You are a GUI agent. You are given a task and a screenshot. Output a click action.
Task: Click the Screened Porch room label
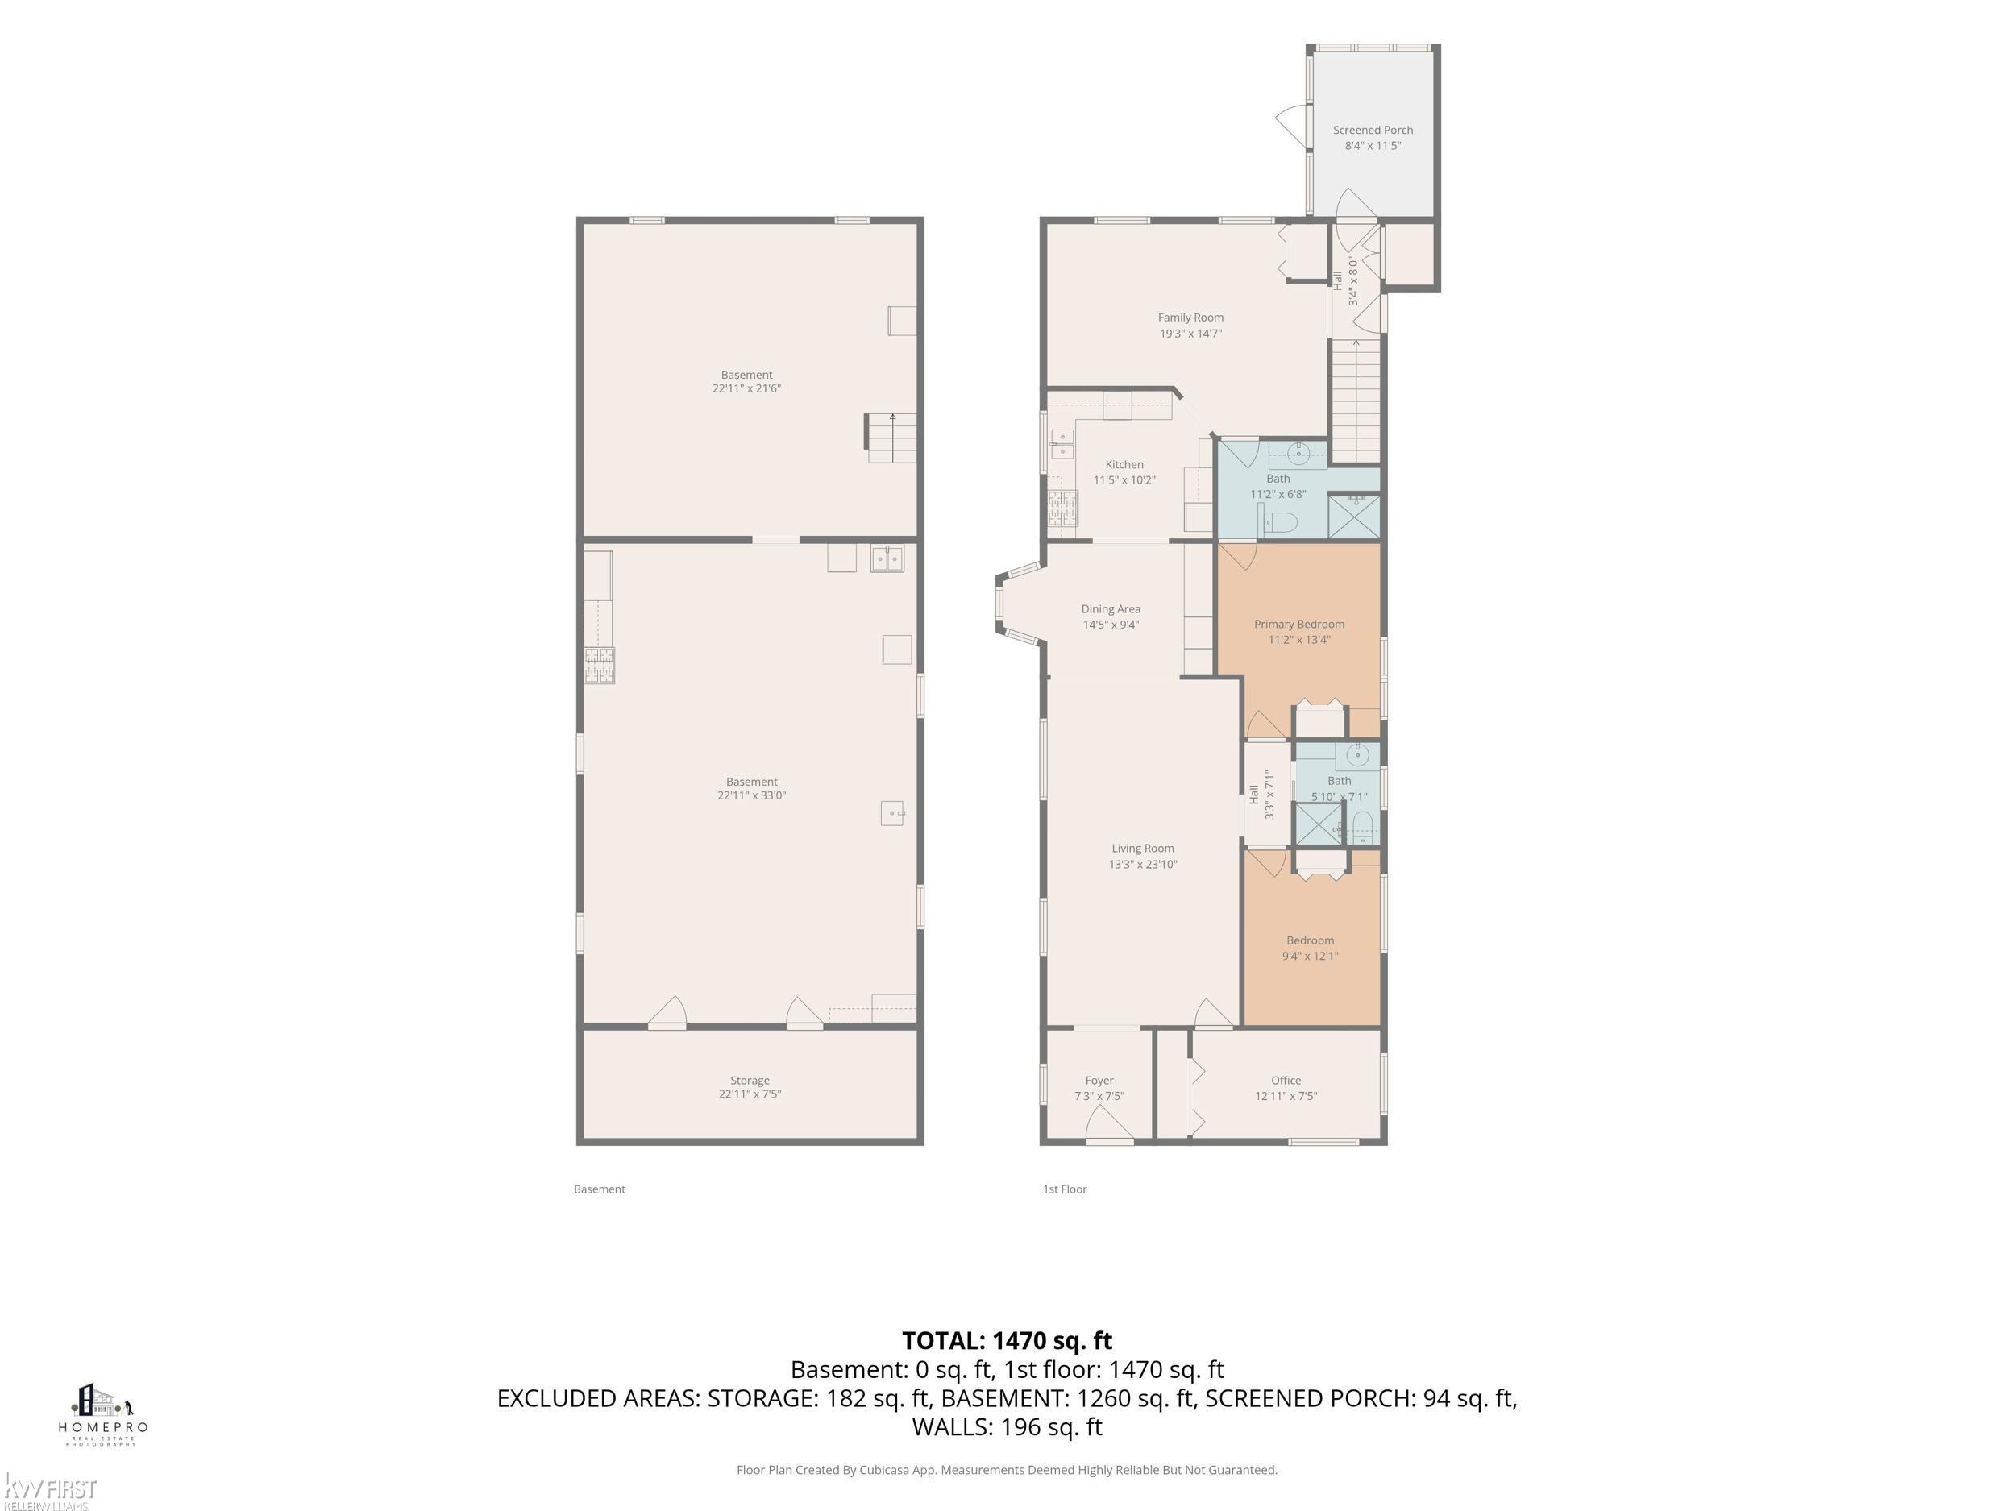[x=1373, y=131]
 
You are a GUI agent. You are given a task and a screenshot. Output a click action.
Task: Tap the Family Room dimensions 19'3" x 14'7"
[x=1190, y=334]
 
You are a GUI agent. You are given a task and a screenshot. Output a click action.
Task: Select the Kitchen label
[x=1124, y=464]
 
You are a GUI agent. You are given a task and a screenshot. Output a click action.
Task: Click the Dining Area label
[x=1111, y=609]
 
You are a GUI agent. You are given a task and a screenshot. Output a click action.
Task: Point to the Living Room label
[x=1142, y=848]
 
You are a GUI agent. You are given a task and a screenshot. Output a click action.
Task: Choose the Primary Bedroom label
[x=1299, y=624]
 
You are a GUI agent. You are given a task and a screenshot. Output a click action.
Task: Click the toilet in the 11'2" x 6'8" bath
[x=1279, y=522]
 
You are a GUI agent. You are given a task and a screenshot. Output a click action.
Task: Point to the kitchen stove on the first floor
[x=1062, y=509]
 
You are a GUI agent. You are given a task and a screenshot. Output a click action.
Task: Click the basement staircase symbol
[x=890, y=438]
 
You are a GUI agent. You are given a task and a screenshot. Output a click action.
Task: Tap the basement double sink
[x=887, y=558]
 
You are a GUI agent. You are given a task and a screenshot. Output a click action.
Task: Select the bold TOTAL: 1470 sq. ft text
[x=1007, y=1341]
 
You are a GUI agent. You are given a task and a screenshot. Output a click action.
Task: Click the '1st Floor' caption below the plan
[x=1065, y=1189]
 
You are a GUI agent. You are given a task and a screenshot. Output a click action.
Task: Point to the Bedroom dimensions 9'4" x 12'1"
[x=1310, y=956]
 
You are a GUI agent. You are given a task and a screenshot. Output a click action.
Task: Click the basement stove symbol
[x=600, y=665]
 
